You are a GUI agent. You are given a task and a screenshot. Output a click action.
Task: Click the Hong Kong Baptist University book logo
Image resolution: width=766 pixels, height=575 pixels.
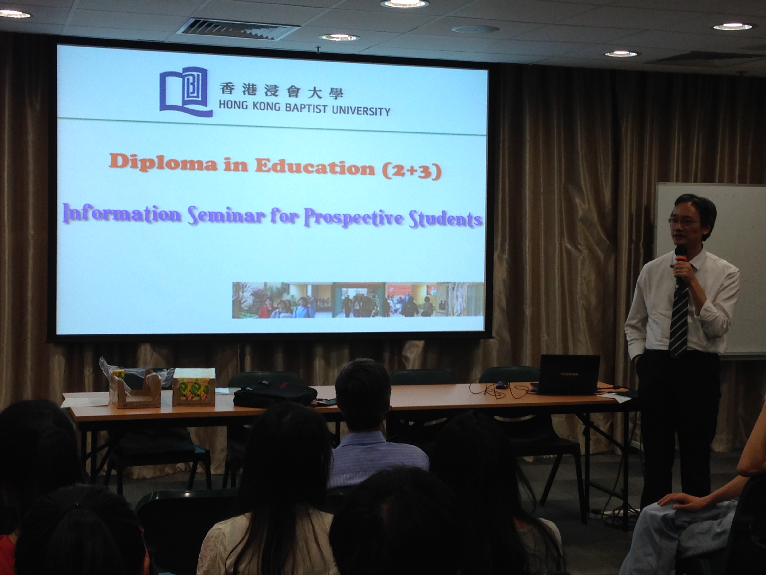click(186, 92)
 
